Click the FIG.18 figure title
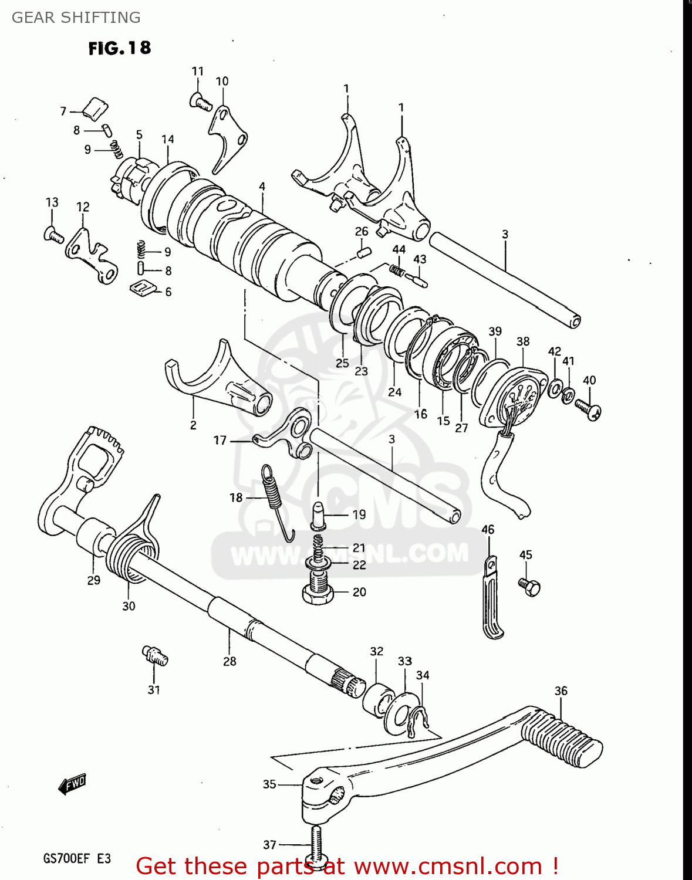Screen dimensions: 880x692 pos(120,48)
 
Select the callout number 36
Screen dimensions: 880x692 pos(561,691)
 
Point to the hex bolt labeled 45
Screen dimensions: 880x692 pos(529,586)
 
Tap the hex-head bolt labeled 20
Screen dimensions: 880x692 pos(318,590)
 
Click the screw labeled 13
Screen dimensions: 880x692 pos(53,235)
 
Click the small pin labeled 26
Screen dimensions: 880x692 pos(363,253)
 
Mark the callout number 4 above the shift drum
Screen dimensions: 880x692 pos(262,187)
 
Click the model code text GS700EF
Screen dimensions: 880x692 pos(66,859)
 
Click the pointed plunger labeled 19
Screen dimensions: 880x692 pos(318,514)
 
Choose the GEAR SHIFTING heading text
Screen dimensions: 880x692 pos(76,18)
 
